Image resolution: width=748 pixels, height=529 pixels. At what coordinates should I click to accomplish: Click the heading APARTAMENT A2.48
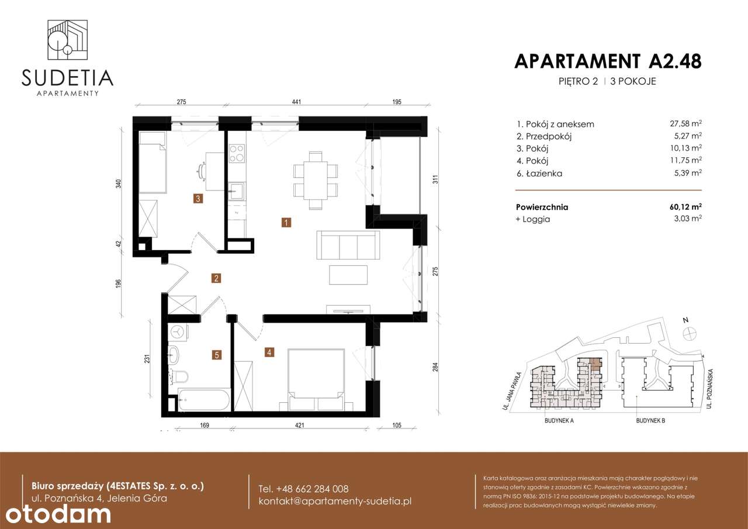[x=607, y=61]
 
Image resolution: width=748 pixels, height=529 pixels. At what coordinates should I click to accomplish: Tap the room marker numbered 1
[x=286, y=222]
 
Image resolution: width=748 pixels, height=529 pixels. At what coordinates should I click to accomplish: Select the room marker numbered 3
[x=199, y=199]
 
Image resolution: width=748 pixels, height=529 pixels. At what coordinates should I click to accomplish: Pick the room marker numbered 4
[x=269, y=352]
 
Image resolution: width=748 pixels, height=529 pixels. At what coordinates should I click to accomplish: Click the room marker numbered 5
[x=217, y=354]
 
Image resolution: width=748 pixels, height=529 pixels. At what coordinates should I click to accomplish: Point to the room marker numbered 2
[x=216, y=278]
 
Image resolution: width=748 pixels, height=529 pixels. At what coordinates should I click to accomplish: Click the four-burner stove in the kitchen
[x=236, y=153]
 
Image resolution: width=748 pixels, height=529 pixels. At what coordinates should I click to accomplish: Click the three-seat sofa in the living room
[x=347, y=246]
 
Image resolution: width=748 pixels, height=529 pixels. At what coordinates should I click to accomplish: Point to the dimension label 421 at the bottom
[x=299, y=426]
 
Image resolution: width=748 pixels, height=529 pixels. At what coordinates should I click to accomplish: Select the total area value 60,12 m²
[x=685, y=207]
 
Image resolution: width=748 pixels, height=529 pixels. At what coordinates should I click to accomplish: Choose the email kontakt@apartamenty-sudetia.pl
[x=335, y=502]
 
